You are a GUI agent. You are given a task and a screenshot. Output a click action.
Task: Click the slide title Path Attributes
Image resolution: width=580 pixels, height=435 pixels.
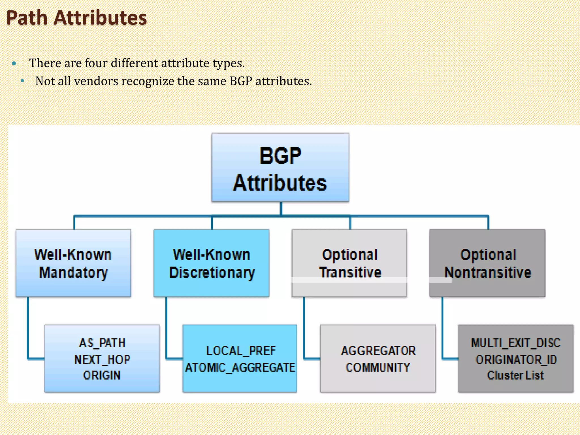point(76,18)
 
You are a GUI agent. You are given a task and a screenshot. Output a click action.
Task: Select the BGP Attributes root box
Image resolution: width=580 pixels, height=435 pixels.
point(280,168)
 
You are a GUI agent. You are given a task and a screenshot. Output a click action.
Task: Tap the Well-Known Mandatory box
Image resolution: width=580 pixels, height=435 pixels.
point(73,263)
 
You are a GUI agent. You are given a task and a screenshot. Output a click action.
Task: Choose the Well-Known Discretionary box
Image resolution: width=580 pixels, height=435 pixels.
point(211,263)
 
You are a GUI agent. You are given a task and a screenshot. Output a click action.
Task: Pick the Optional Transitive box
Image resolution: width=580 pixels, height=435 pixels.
point(349,263)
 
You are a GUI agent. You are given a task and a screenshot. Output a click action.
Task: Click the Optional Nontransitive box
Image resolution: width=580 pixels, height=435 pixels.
point(487,263)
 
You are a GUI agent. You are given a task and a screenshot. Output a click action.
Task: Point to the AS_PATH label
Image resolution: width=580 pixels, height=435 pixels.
point(102,343)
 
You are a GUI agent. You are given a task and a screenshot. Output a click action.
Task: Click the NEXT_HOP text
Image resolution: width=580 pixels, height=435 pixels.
point(102,359)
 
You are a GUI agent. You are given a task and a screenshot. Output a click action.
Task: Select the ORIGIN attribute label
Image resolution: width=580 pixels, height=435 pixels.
point(102,375)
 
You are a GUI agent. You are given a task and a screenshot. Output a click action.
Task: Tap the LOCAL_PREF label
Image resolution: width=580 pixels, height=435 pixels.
point(241,351)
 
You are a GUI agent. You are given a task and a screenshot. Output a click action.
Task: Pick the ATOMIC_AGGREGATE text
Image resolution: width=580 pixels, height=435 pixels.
point(240,367)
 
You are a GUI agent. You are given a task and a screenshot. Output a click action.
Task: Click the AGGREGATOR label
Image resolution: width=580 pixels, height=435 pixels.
point(378,351)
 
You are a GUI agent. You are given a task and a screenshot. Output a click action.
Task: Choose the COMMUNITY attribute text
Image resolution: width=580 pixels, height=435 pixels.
point(378,367)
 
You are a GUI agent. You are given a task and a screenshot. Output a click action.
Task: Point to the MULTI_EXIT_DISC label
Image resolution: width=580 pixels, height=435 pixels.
point(515,343)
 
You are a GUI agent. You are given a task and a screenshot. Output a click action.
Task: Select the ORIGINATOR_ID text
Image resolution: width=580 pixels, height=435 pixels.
point(516,359)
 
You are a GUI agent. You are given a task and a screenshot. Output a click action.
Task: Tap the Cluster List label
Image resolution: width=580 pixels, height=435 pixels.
point(515,375)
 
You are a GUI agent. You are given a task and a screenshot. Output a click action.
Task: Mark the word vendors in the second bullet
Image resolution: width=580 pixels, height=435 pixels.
point(96,81)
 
